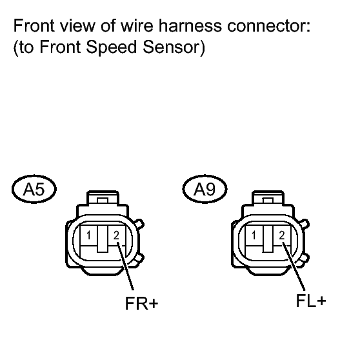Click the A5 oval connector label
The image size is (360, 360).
[x=34, y=189]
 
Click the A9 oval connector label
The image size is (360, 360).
[x=205, y=189]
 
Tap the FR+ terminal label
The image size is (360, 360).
[x=141, y=303]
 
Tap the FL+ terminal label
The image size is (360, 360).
[x=311, y=301]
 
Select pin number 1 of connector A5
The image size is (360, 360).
[x=88, y=235]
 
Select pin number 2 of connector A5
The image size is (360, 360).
[x=116, y=235]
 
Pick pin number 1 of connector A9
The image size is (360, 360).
[x=254, y=235]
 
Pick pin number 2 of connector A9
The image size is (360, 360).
[x=282, y=235]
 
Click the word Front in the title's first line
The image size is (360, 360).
[x=34, y=26]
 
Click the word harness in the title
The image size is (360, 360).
[x=190, y=26]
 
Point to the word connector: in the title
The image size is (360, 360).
[x=268, y=26]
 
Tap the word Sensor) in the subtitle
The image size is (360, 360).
[x=174, y=47]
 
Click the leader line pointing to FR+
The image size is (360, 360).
[x=125, y=266]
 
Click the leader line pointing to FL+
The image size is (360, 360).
[x=294, y=266]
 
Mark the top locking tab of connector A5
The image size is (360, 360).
[x=103, y=198]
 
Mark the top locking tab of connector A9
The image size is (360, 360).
[x=268, y=198]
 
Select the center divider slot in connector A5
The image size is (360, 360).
[x=103, y=239]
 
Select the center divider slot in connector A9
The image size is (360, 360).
[x=268, y=239]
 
